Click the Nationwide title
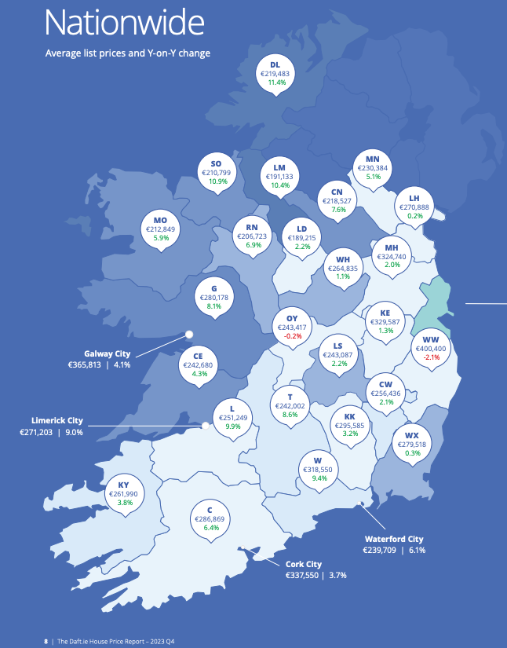pyautogui.click(x=124, y=23)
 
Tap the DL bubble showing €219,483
pyautogui.click(x=275, y=73)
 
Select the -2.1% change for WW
pyautogui.click(x=432, y=357)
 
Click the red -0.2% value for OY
pyautogui.click(x=292, y=335)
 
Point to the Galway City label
pyautogui.click(x=108, y=353)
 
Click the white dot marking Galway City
pyautogui.click(x=188, y=334)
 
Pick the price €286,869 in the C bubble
pyautogui.click(x=210, y=519)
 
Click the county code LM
pyautogui.click(x=279, y=167)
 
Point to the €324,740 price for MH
pyautogui.click(x=392, y=257)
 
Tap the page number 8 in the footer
pyautogui.click(x=46, y=641)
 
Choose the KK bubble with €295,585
pyautogui.click(x=350, y=425)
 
